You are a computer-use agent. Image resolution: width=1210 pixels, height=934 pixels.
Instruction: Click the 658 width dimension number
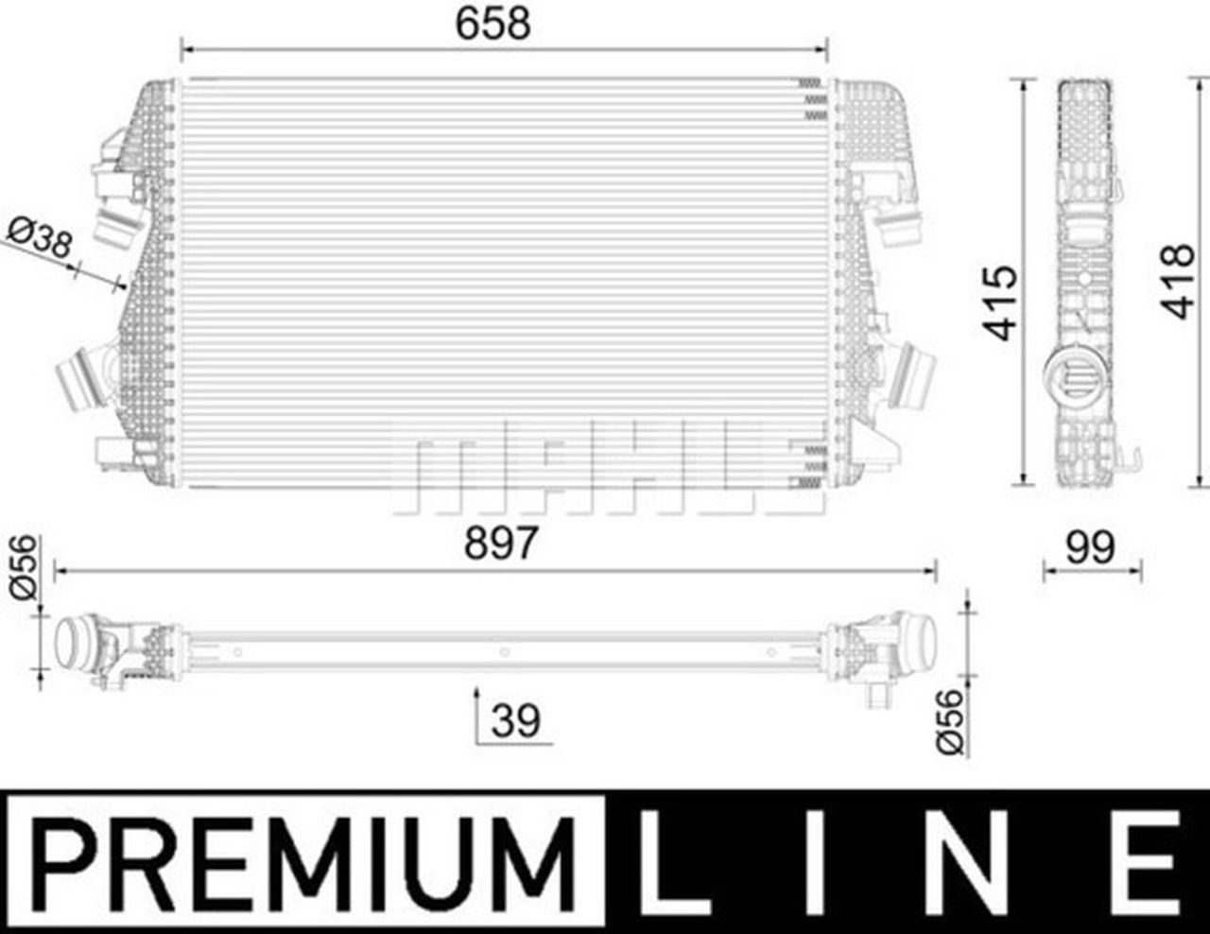[493, 24]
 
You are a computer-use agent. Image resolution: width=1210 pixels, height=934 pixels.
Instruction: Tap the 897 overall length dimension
[501, 544]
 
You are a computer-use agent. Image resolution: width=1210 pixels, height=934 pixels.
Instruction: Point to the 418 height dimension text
[1177, 282]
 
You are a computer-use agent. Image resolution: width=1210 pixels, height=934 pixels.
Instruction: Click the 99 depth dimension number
[1090, 548]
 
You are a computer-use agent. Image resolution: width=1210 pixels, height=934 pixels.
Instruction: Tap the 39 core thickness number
[515, 720]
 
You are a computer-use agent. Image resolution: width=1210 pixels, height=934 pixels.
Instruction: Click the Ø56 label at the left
[24, 567]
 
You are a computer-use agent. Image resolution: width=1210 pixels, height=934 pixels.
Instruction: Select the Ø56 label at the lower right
[949, 721]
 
